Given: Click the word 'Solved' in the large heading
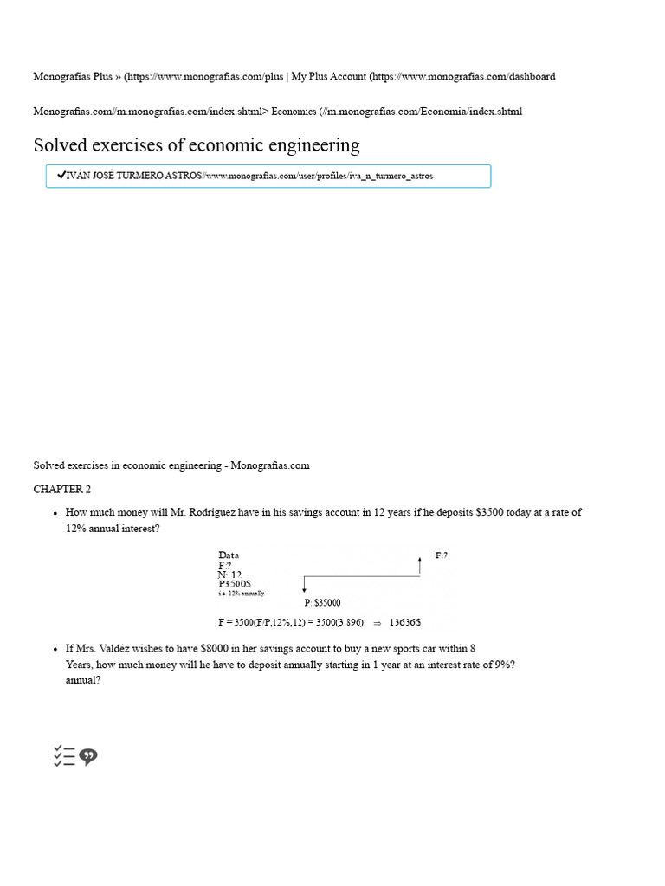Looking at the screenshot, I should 62,145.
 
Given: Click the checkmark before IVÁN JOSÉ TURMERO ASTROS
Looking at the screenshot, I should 61,176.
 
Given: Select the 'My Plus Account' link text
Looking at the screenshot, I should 328,76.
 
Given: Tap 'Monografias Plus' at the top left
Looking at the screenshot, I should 75,76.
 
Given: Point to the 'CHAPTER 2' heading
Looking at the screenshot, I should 61,489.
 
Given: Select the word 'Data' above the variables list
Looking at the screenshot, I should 229,555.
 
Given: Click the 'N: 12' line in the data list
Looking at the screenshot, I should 229,575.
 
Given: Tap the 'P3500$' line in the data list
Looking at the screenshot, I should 235,584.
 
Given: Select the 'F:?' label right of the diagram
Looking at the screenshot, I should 441,555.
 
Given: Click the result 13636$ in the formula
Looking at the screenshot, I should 405,622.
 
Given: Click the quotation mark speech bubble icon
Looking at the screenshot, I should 88,757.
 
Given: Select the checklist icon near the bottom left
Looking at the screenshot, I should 64,756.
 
